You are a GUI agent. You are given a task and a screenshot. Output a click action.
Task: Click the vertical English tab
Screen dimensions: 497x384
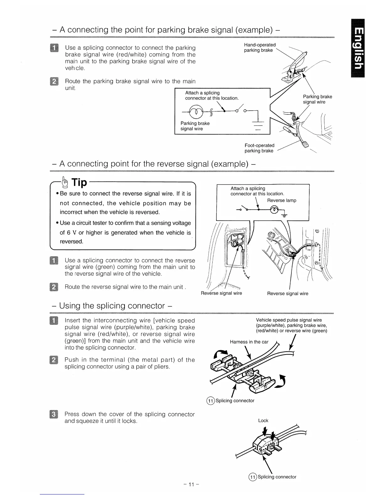pos(359,48)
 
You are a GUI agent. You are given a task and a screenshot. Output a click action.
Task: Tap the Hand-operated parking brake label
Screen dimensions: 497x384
pos(259,47)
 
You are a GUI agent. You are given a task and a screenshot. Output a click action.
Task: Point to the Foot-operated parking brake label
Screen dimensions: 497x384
pos(259,148)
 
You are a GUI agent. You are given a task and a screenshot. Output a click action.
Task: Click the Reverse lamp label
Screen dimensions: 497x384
pos(281,200)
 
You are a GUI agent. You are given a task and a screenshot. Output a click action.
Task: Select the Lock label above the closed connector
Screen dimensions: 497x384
pos(263,420)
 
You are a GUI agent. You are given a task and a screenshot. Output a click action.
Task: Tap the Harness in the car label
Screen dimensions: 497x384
pos(249,342)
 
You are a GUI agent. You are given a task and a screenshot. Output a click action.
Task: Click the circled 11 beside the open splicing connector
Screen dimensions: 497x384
pos(210,401)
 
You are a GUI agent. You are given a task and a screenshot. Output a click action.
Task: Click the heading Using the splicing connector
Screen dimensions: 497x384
pos(112,306)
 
